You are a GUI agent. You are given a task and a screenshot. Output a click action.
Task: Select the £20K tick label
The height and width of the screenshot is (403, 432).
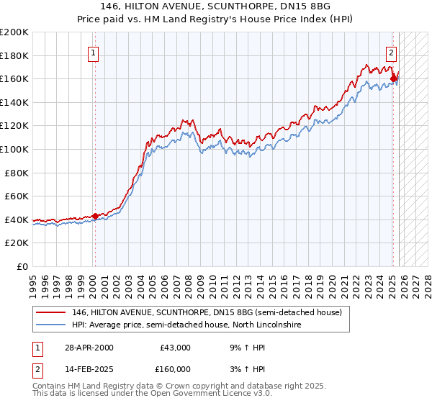click(x=17, y=243)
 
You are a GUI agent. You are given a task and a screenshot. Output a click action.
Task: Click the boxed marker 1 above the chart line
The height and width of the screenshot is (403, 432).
click(x=94, y=52)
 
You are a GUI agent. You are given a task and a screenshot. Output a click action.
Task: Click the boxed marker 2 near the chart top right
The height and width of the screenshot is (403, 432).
click(x=391, y=52)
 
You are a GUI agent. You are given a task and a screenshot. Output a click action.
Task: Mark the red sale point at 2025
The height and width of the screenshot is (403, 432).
click(x=393, y=78)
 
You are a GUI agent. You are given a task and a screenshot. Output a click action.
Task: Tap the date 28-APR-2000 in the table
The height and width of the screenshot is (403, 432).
click(x=89, y=348)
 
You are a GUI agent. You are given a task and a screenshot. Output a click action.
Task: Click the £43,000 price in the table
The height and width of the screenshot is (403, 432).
click(x=175, y=348)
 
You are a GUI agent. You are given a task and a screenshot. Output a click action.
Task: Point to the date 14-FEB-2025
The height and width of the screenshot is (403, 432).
click(x=89, y=369)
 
